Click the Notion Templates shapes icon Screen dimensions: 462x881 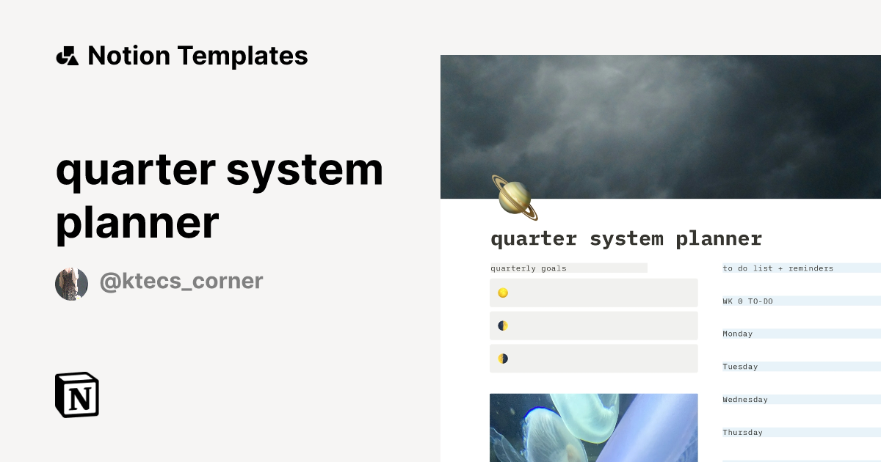[67, 56]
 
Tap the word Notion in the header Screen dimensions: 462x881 [128, 56]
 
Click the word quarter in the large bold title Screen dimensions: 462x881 [134, 171]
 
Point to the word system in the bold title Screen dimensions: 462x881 [305, 171]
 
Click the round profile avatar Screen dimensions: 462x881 [72, 284]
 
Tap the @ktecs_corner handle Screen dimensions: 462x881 [181, 281]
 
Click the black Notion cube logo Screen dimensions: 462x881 [77, 395]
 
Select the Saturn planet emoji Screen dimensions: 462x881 [515, 197]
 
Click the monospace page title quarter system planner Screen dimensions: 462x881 [626, 239]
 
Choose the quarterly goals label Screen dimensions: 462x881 [529, 268]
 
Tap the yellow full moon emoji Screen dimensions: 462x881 [503, 293]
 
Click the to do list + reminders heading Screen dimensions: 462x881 [778, 268]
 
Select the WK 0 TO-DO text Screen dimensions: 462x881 [747, 301]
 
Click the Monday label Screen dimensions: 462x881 [738, 334]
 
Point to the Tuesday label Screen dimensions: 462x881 [740, 367]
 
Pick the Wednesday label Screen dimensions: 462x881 [745, 400]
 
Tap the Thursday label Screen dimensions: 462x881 [742, 433]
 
